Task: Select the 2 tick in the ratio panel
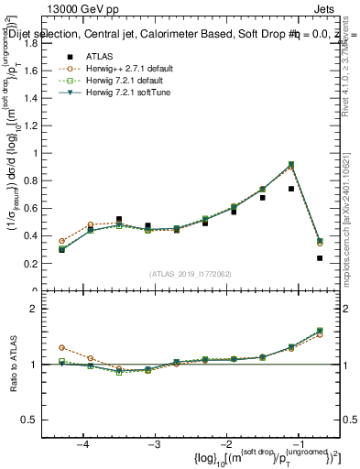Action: [x=39, y=310]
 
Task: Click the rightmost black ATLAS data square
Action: [x=320, y=258]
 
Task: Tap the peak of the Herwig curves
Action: [x=291, y=164]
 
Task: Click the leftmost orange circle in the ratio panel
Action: [x=61, y=348]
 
